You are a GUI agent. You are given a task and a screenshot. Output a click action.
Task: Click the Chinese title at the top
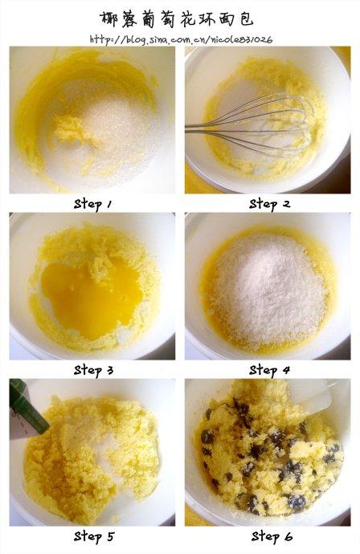point(177,18)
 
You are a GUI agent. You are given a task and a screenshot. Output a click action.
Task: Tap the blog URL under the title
point(181,39)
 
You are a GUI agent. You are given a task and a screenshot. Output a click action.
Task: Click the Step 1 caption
point(93,204)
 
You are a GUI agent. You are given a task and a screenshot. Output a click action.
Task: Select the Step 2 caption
point(269,204)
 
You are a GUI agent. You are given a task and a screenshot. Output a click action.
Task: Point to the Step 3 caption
point(94,371)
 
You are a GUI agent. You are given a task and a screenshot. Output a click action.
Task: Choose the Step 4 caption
point(269,371)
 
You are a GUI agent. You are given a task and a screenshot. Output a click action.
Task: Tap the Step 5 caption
point(94,536)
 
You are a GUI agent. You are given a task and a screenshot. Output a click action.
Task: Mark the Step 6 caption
point(272,536)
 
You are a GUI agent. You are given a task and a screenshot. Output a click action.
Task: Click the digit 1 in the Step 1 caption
point(109,204)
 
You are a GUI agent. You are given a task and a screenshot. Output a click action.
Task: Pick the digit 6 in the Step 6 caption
point(288,537)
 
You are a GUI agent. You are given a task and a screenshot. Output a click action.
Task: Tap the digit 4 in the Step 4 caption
point(286,371)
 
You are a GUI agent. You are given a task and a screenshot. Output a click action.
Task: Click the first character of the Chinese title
point(108,18)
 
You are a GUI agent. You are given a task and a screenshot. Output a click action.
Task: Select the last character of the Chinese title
point(245,18)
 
